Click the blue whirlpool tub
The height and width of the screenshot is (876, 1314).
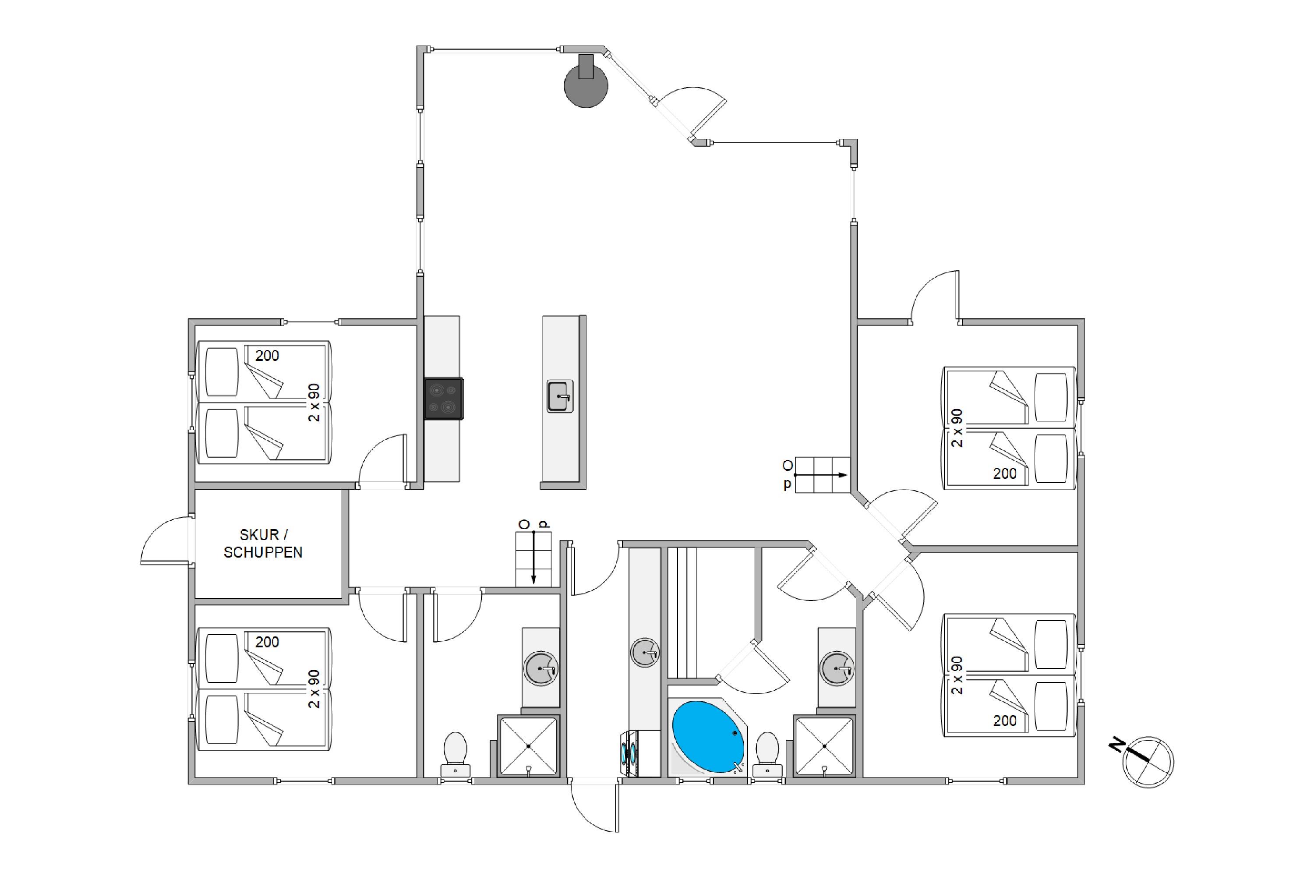pyautogui.click(x=708, y=737)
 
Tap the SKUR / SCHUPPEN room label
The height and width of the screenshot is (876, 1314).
pyautogui.click(x=263, y=544)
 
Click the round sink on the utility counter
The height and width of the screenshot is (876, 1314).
pyautogui.click(x=645, y=652)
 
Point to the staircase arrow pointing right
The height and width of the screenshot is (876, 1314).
pyautogui.click(x=820, y=475)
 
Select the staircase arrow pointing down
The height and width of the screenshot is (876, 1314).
pyautogui.click(x=533, y=557)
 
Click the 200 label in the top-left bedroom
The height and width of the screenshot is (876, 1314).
pyautogui.click(x=267, y=355)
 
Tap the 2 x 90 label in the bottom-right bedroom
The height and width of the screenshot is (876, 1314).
pyautogui.click(x=957, y=675)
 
